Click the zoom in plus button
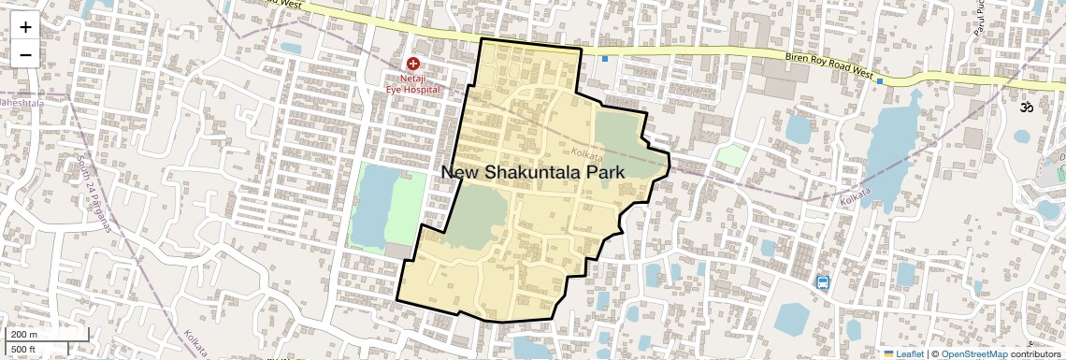click(25, 26)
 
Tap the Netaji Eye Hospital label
click(412, 83)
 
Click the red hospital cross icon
click(412, 64)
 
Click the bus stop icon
click(822, 282)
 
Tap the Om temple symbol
click(1029, 108)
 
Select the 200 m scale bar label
click(24, 335)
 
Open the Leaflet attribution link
click(903, 353)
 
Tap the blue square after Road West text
click(880, 81)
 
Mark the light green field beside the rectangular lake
click(406, 208)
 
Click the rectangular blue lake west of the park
click(371, 205)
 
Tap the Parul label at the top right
click(979, 19)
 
